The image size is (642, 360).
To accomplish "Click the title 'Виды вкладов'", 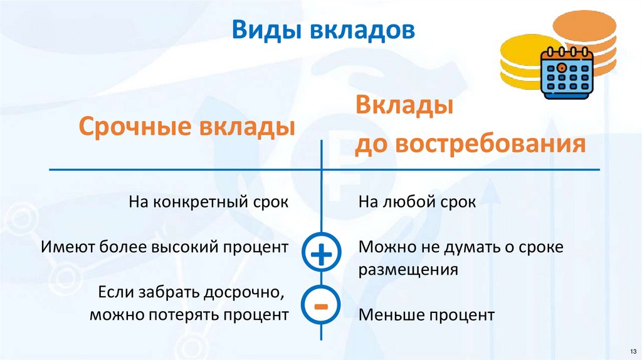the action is [x=323, y=31].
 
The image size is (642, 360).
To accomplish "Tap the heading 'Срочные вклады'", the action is [x=186, y=127].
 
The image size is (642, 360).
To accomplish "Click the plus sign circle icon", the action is [x=320, y=255].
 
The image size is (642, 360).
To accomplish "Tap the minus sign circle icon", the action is [x=320, y=306].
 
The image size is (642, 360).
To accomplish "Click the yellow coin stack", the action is [x=520, y=63].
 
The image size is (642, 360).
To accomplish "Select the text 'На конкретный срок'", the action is [x=208, y=203].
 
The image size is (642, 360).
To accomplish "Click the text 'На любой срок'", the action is [x=417, y=203].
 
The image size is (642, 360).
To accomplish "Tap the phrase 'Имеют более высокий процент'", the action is [x=165, y=246].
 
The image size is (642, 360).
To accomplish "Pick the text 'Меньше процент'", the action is [x=426, y=315].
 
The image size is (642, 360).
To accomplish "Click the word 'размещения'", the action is [x=407, y=270].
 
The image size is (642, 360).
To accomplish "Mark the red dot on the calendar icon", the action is [x=562, y=66].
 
